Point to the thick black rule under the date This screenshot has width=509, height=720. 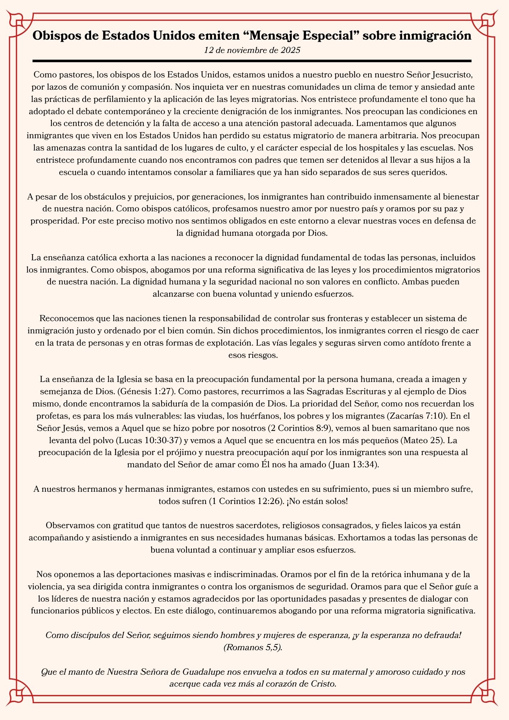click(x=252, y=61)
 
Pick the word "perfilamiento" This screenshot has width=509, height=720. click(x=115, y=99)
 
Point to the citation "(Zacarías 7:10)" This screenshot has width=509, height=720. click(x=417, y=416)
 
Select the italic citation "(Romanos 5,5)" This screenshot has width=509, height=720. click(x=253, y=647)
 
